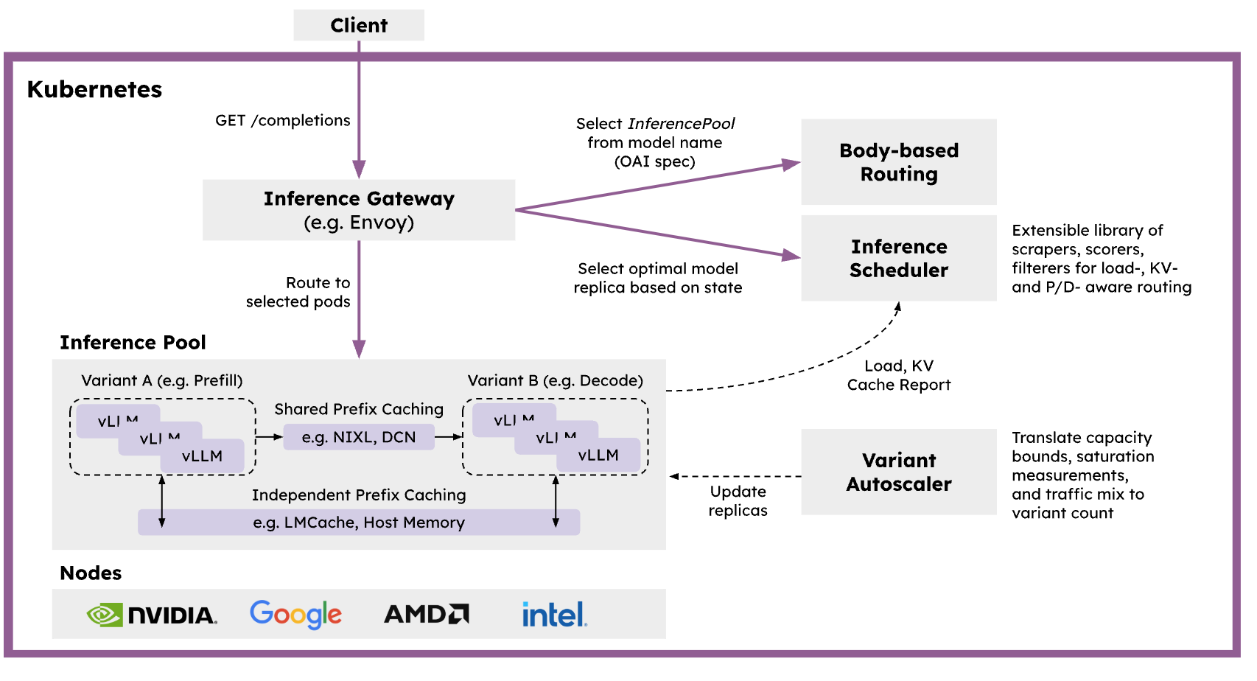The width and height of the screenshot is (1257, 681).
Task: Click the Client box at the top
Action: pyautogui.click(x=359, y=25)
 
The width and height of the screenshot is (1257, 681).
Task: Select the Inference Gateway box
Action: pyautogui.click(x=359, y=210)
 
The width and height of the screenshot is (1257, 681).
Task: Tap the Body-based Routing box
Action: pyautogui.click(x=899, y=162)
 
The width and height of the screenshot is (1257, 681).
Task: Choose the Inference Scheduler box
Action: pyautogui.click(x=899, y=258)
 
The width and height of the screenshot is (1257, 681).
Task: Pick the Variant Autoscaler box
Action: pyautogui.click(x=899, y=472)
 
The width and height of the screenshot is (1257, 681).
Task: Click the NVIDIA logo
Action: pyautogui.click(x=152, y=615)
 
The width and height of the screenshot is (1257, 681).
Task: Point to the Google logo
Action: pyautogui.click(x=295, y=614)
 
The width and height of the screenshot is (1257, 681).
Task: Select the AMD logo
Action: pyautogui.click(x=427, y=614)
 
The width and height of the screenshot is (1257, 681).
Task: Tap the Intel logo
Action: pyautogui.click(x=554, y=614)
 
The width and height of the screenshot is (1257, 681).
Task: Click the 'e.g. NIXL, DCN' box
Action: pyautogui.click(x=359, y=437)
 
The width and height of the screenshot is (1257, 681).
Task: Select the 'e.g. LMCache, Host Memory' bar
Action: pyautogui.click(x=359, y=523)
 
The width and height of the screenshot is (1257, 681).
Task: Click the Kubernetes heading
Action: pyautogui.click(x=94, y=89)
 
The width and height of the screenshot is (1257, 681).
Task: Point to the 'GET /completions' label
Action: pyautogui.click(x=283, y=120)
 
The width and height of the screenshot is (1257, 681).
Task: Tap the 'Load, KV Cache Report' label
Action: pyautogui.click(x=899, y=375)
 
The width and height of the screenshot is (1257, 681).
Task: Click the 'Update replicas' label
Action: pyautogui.click(x=738, y=501)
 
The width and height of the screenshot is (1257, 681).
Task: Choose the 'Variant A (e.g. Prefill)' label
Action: pyautogui.click(x=162, y=380)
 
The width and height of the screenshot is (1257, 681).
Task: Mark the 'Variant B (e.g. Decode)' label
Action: pyautogui.click(x=556, y=380)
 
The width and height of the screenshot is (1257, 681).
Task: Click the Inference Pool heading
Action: pyautogui.click(x=133, y=343)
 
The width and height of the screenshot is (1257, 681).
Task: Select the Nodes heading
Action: pyautogui.click(x=91, y=573)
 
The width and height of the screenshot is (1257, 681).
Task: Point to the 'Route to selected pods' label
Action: pyautogui.click(x=298, y=292)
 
